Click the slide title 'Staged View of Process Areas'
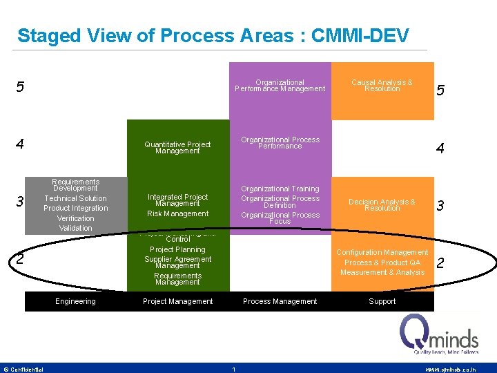(x=213, y=35)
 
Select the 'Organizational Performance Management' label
(x=280, y=86)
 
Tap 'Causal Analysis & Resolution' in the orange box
(x=382, y=86)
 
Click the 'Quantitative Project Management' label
(x=177, y=148)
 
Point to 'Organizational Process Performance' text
(x=280, y=143)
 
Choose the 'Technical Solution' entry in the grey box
(x=75, y=198)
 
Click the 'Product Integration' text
(x=75, y=208)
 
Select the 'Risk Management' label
(x=177, y=213)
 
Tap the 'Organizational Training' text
(x=280, y=189)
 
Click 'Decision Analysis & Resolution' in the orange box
(x=382, y=205)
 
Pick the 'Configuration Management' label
(x=382, y=253)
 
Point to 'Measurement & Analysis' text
(x=382, y=272)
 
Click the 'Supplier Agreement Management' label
(x=177, y=262)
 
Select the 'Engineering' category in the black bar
(x=75, y=301)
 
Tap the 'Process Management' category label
(x=280, y=301)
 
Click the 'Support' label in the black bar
(x=382, y=301)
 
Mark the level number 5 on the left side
(x=21, y=88)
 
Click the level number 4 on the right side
(x=440, y=149)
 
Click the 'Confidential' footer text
(x=23, y=370)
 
